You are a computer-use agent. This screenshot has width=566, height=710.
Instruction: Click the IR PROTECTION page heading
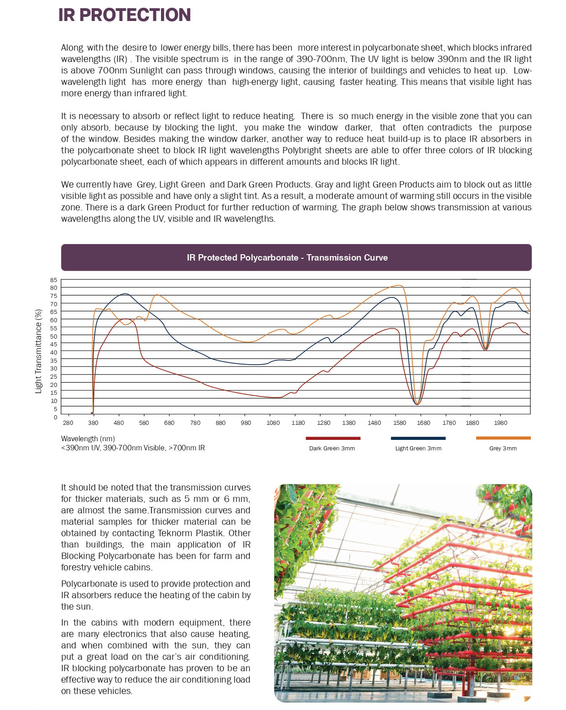(125, 15)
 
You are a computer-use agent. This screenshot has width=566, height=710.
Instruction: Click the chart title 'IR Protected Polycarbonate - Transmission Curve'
(287, 257)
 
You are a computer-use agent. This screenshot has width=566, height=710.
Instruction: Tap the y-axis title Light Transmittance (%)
(39, 351)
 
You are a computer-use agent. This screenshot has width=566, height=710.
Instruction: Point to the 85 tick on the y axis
(54, 280)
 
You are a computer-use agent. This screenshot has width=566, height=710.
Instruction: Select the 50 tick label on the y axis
(54, 336)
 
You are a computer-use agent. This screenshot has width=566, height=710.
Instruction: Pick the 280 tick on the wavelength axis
(68, 423)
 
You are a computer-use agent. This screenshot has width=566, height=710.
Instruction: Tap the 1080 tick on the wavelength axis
(273, 423)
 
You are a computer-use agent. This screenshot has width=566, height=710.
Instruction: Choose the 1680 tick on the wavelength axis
(423, 423)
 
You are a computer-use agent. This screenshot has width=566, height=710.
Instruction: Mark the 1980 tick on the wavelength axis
(500, 423)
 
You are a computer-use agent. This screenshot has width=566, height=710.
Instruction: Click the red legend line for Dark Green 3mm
(333, 438)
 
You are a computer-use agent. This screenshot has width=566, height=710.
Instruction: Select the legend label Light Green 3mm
(418, 449)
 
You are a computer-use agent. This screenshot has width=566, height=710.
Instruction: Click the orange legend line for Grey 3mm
(503, 438)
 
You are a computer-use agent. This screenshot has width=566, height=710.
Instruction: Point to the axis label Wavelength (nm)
(88, 439)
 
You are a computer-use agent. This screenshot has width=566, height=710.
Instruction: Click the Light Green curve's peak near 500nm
(125, 294)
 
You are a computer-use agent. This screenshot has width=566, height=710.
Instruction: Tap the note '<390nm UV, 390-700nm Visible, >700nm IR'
(133, 448)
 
